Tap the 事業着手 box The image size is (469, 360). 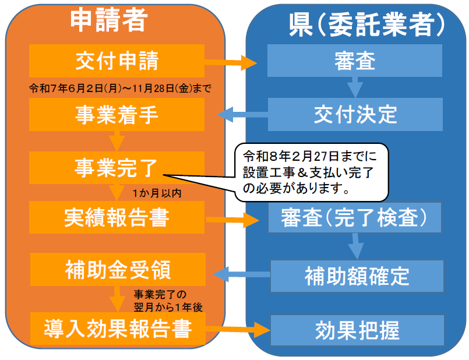(117, 114)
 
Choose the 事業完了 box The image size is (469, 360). (117, 167)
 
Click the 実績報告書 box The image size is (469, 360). (117, 217)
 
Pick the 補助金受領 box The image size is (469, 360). (117, 270)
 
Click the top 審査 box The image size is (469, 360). (355, 61)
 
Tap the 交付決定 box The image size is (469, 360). (355, 114)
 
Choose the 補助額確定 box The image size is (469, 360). (357, 276)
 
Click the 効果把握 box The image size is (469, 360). (357, 330)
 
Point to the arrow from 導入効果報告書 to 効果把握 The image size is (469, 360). (238, 330)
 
